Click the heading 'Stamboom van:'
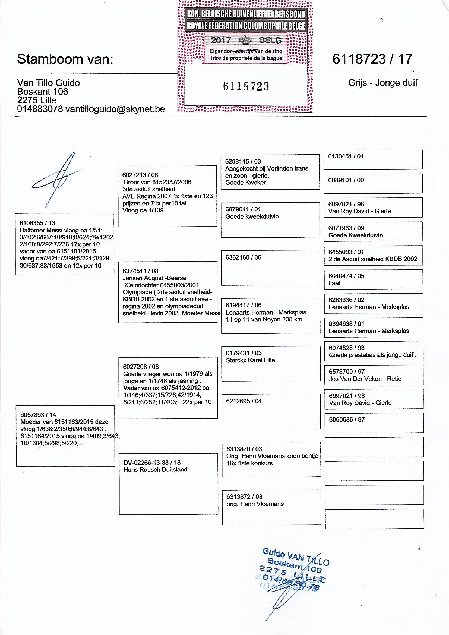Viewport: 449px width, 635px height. click(65, 59)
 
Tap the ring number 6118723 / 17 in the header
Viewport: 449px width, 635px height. click(372, 59)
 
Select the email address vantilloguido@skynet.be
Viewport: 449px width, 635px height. click(115, 109)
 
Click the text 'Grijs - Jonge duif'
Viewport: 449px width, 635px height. click(383, 83)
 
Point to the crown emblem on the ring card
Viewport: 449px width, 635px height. click(245, 41)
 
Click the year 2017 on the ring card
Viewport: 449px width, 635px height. click(221, 40)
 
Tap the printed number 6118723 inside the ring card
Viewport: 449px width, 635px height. click(246, 86)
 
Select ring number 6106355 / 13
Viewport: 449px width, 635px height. click(37, 223)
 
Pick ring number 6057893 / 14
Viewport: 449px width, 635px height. click(38, 415)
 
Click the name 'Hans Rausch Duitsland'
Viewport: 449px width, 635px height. click(155, 470)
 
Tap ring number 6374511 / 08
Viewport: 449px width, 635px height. click(140, 271)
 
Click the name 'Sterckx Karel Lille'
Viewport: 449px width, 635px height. click(250, 360)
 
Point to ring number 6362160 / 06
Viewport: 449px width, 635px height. click(243, 257)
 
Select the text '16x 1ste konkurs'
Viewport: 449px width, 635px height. click(249, 463)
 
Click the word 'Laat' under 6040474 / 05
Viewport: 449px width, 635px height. click(334, 283)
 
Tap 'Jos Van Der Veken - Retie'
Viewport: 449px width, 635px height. click(365, 379)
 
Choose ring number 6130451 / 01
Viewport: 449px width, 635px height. click(346, 156)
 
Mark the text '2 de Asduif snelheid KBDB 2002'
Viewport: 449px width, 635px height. click(373, 259)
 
